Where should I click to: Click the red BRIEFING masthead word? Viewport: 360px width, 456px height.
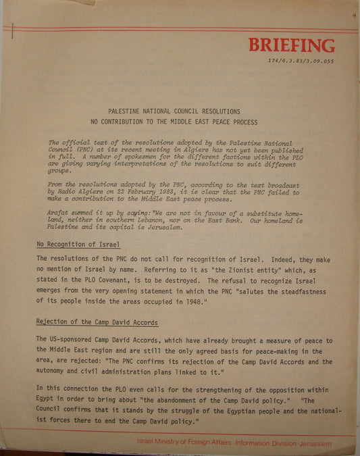(291, 46)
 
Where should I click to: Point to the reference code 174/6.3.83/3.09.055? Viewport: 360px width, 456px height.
(301, 61)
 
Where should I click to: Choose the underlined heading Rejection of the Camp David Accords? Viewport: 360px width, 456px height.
(97, 323)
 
